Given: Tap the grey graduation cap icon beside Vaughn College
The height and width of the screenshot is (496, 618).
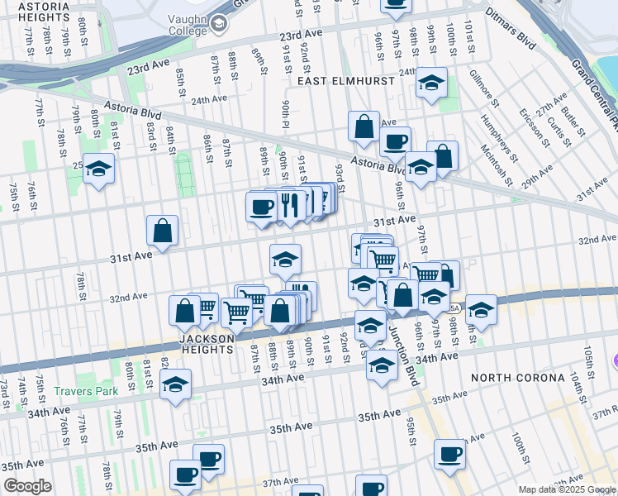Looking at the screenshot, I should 218,24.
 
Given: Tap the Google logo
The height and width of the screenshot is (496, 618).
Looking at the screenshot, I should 27,486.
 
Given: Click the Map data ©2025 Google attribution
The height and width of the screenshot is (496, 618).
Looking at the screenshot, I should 565,489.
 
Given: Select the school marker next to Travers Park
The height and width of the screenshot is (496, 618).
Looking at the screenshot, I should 175,385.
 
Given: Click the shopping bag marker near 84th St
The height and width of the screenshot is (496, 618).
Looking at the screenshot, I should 163,231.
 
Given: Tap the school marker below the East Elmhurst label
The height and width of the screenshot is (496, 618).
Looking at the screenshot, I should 431,83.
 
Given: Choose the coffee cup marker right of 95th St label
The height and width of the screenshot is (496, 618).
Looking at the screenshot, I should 450,455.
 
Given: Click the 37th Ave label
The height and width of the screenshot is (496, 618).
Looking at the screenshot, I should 279,482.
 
